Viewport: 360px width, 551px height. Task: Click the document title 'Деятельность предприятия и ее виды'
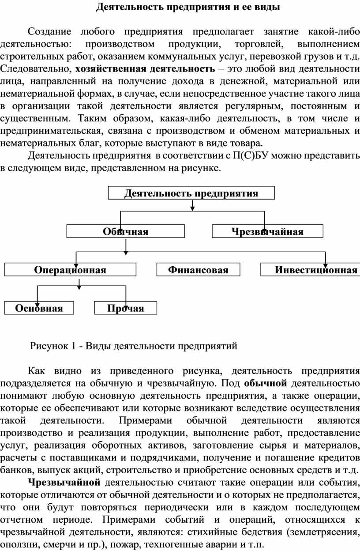[x=188, y=8]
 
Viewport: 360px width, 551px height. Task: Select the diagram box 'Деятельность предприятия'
[x=191, y=193]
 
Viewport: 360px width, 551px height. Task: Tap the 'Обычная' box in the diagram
[x=126, y=231]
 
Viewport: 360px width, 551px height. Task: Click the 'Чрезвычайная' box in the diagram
[x=268, y=231]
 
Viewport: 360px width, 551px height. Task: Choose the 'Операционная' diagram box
[x=70, y=270]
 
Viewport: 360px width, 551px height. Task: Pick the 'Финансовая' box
[x=198, y=270]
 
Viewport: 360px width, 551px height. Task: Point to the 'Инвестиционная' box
[x=310, y=270]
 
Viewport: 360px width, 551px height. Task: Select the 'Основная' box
[x=39, y=308]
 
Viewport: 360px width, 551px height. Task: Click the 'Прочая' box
[x=126, y=308]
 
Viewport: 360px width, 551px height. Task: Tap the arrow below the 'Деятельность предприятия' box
[x=193, y=205]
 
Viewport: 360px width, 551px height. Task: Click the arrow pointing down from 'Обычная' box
[x=126, y=247]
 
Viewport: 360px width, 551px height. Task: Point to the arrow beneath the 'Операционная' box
[x=79, y=284]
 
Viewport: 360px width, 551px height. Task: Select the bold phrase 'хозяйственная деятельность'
[x=145, y=69]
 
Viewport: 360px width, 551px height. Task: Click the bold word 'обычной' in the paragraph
[x=266, y=383]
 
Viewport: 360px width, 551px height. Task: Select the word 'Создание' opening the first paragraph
[x=49, y=32]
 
